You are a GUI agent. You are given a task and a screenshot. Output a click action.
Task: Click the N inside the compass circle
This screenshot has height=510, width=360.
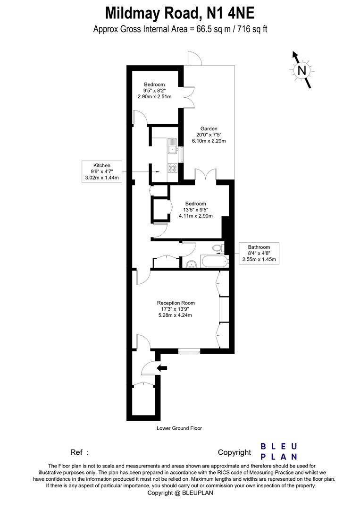[x=301, y=71]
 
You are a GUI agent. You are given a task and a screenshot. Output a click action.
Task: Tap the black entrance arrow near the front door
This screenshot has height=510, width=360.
[x=162, y=368]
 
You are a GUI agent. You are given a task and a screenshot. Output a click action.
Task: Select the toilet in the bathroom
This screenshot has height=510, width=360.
[x=218, y=247]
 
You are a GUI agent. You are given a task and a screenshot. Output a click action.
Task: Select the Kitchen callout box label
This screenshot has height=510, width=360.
[x=102, y=171]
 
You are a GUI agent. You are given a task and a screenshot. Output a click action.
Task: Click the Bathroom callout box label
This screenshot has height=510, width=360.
[x=259, y=253]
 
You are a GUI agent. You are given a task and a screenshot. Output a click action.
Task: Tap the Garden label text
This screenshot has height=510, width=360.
[x=209, y=128]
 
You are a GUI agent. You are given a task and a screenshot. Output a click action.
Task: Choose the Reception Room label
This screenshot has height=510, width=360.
[x=176, y=303]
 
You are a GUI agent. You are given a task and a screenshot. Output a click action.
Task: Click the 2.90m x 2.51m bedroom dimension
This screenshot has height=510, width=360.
[x=154, y=97]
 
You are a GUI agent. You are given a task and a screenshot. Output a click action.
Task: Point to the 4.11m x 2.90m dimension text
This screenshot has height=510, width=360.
[x=196, y=216]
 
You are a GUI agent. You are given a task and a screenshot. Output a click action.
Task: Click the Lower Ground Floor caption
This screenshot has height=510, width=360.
[x=179, y=428]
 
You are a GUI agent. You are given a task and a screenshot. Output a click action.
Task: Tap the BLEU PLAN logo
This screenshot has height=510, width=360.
[x=279, y=451]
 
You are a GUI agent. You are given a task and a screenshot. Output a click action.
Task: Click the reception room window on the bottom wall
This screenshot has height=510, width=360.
[x=189, y=351]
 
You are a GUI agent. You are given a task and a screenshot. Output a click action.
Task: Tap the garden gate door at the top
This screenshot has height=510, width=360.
[x=194, y=58]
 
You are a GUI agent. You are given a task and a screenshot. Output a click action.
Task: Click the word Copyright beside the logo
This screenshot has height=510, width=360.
[x=234, y=452]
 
